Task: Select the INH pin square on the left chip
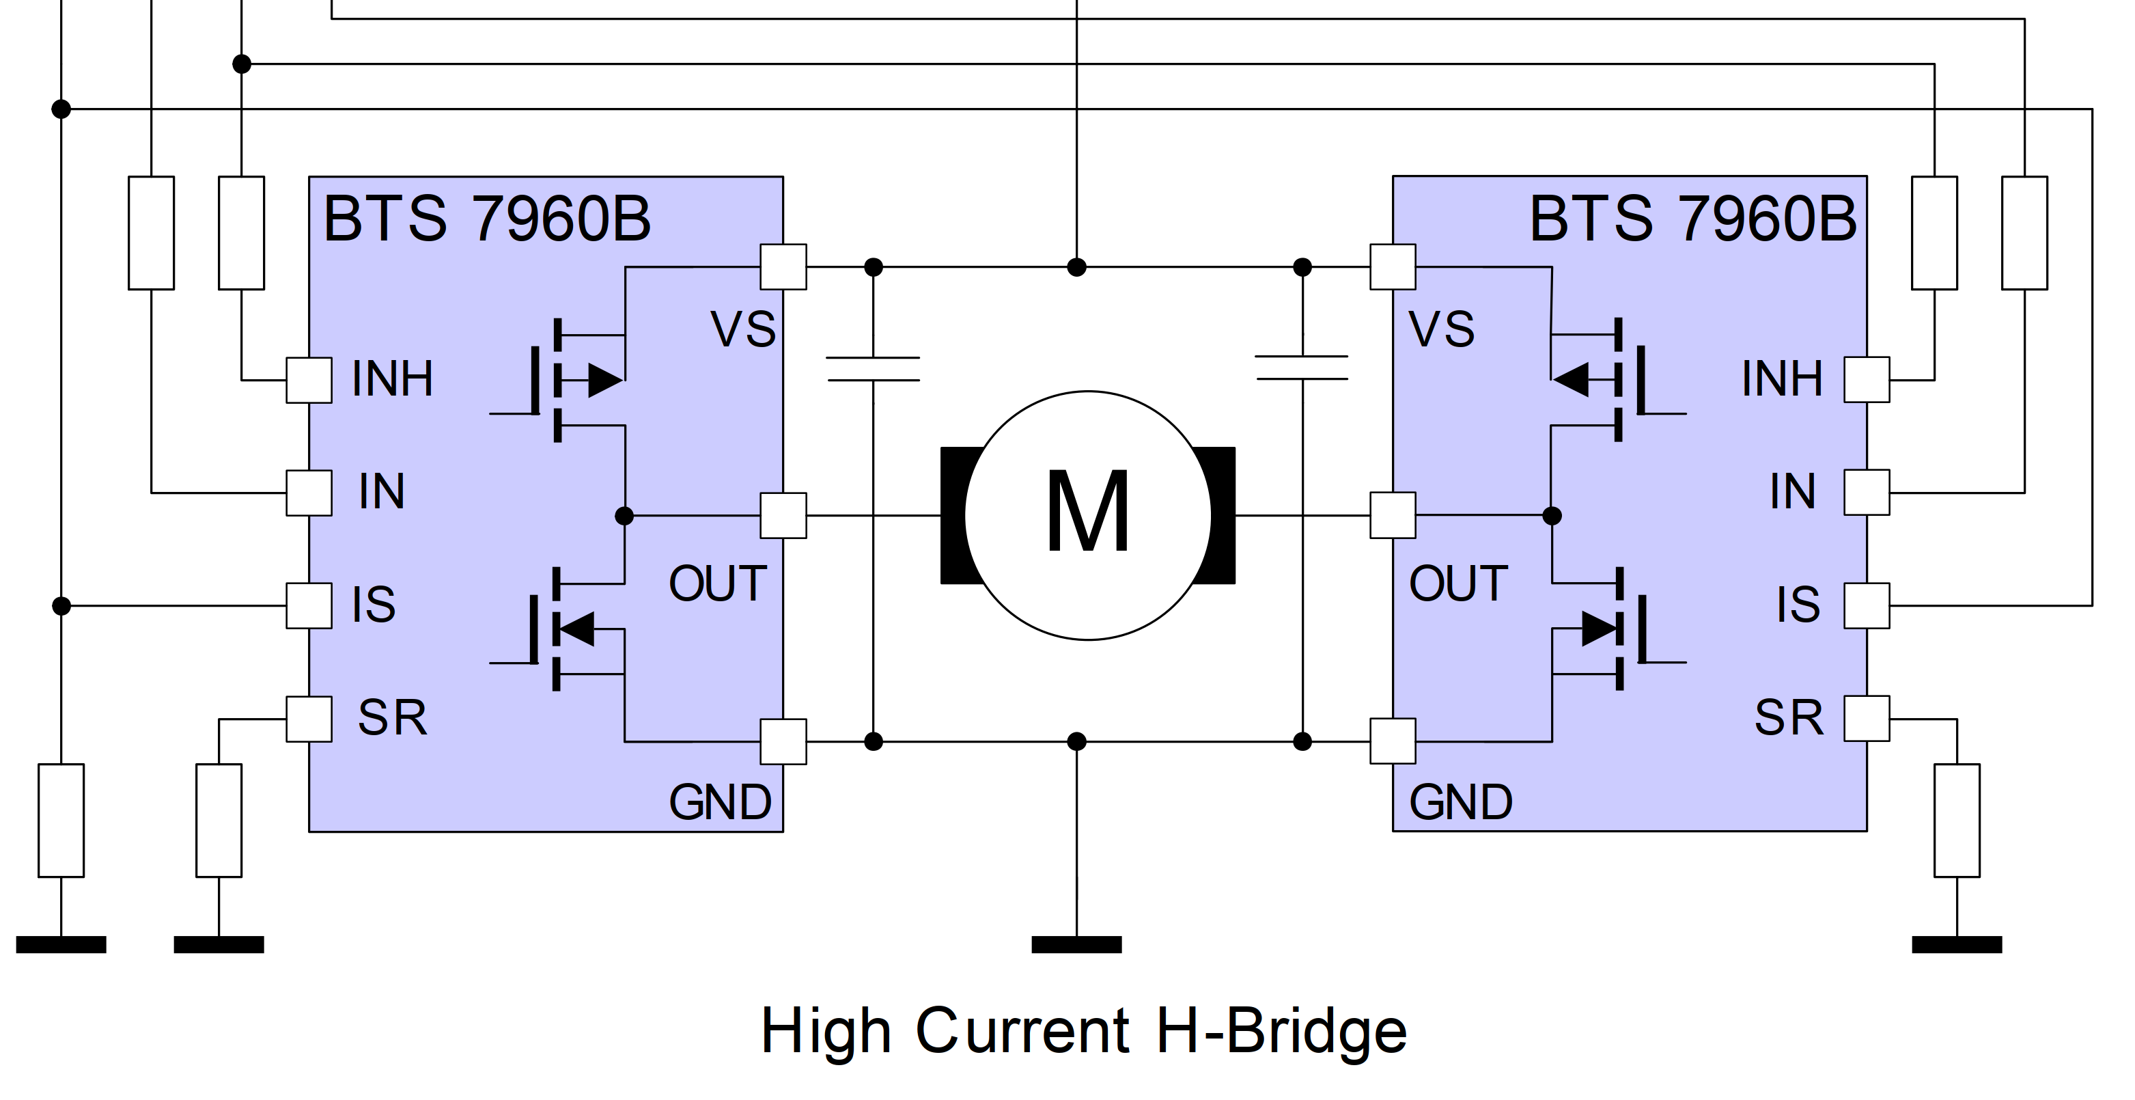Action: pos(309,381)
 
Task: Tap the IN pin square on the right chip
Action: pos(1867,493)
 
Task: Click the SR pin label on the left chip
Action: pos(392,718)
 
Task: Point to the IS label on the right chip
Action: pos(1798,605)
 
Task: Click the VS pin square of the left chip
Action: pos(783,267)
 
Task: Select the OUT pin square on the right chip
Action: pos(1393,516)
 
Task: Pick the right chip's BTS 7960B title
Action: pos(1692,219)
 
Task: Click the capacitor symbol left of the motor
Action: pos(873,369)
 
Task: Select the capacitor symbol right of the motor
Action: pos(1302,368)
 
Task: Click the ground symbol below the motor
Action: pos(1076,944)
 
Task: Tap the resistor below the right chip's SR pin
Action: pos(1957,820)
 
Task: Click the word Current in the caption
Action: pos(1022,1031)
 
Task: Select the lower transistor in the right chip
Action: pos(1619,629)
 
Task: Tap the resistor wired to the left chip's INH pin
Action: pos(241,233)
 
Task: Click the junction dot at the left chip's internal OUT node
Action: pos(624,516)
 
